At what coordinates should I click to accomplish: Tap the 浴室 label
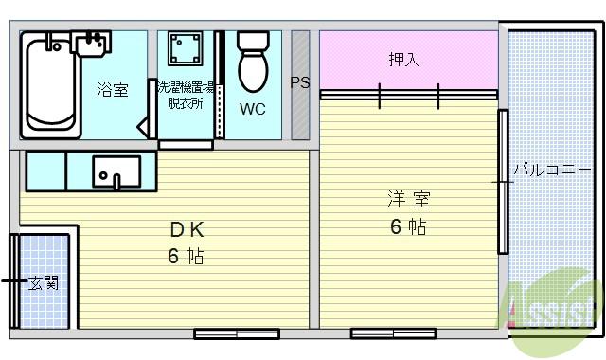[113, 90]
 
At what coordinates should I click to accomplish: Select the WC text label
[252, 109]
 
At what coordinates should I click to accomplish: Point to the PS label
[300, 82]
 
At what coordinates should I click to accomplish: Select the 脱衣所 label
[185, 103]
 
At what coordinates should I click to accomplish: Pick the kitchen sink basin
[116, 172]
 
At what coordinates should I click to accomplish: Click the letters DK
[187, 230]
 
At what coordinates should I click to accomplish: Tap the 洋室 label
[408, 200]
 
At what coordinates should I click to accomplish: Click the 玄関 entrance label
[44, 282]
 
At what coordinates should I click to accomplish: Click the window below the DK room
[237, 333]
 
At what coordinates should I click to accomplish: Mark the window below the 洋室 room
[392, 333]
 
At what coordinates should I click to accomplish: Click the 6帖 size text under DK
[186, 256]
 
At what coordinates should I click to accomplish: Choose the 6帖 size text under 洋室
[408, 227]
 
